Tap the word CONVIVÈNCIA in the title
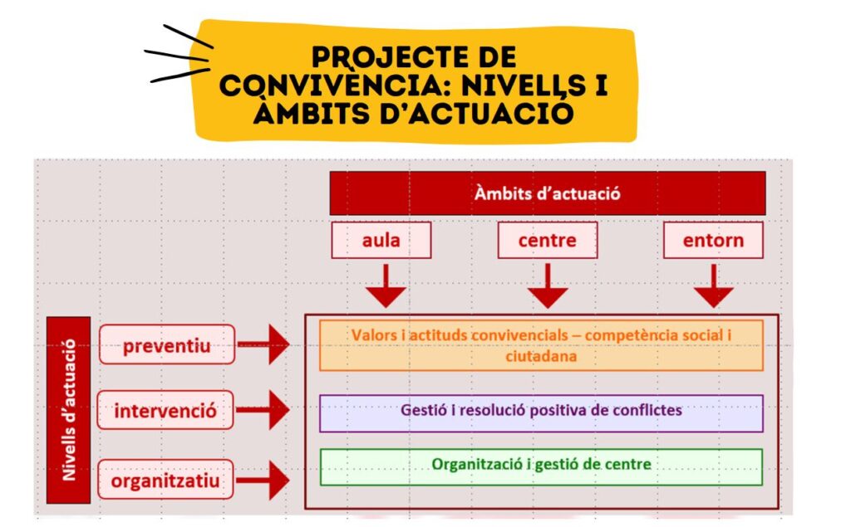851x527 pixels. (329, 85)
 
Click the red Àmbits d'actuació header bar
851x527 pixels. (547, 193)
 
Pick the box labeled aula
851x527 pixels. (381, 240)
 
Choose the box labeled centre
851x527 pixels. (547, 240)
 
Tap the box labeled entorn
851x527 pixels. (713, 240)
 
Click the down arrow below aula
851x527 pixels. (386, 285)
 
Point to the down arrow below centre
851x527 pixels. (548, 285)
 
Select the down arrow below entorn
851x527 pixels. (714, 285)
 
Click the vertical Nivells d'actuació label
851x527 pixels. (68, 410)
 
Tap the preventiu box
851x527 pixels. (166, 344)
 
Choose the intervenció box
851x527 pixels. (165, 411)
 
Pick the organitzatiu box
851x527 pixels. (165, 480)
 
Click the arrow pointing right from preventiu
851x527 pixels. (263, 344)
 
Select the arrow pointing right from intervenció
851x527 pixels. (263, 410)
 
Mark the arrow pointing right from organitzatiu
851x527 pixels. (263, 480)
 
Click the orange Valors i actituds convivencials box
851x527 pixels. (541, 345)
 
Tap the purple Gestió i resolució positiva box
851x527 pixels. (541, 413)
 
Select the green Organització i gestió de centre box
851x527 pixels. (541, 466)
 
